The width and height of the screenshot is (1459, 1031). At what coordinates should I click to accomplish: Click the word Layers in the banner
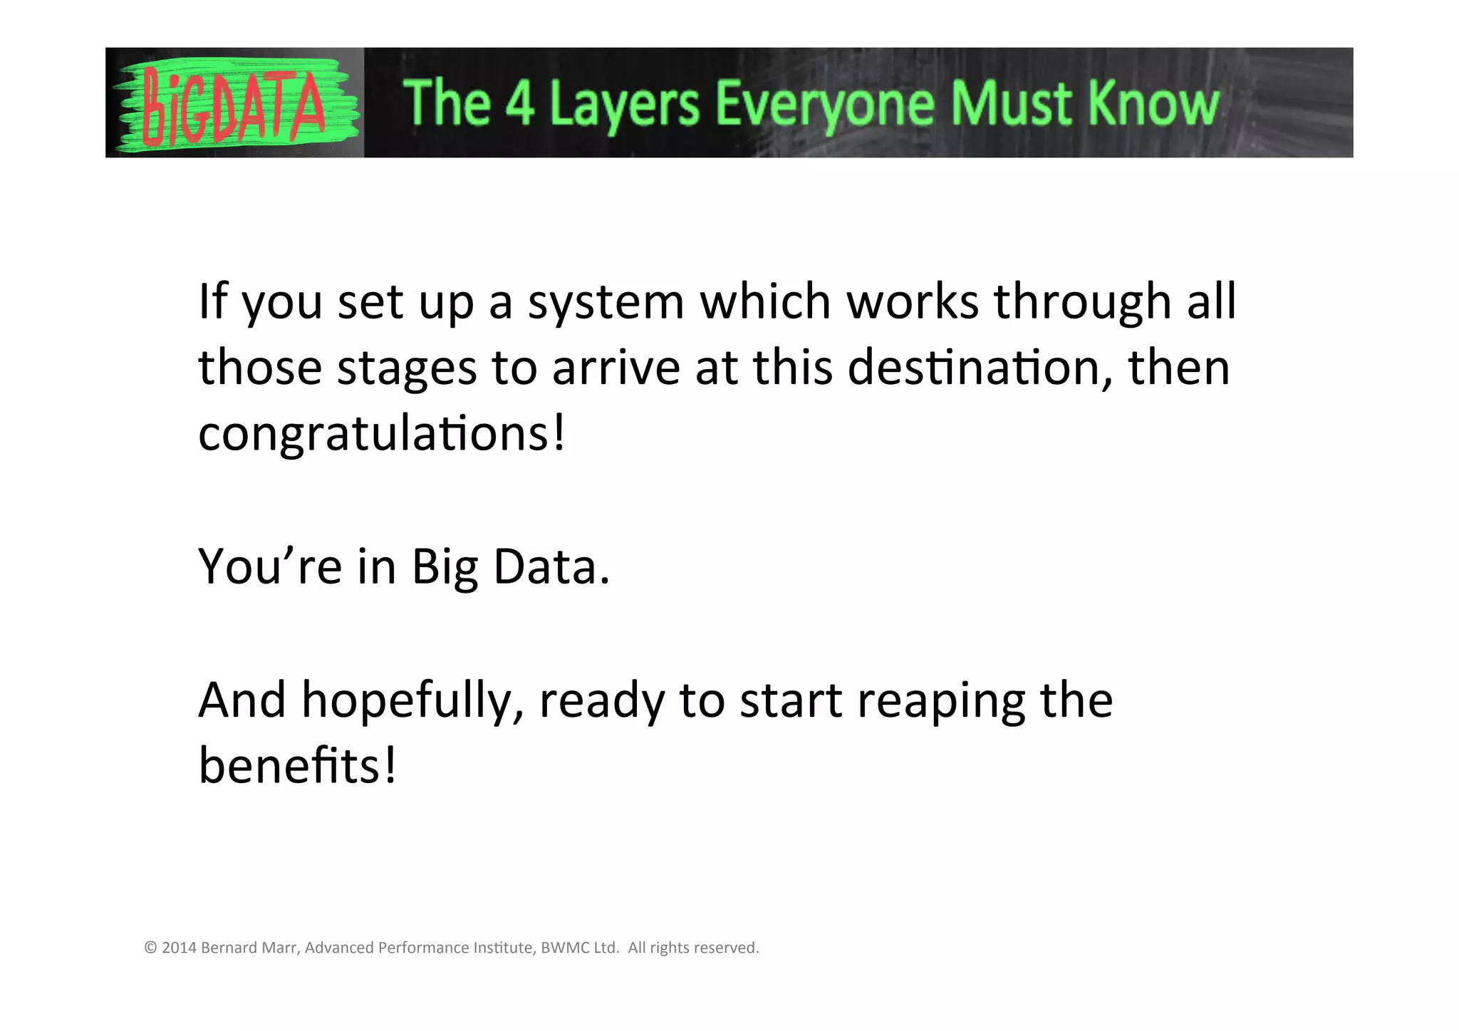[625, 105]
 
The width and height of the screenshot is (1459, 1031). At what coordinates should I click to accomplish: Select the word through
[1082, 302]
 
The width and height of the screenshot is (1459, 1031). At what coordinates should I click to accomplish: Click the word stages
[406, 369]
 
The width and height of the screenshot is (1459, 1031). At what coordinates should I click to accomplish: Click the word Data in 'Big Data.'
[551, 567]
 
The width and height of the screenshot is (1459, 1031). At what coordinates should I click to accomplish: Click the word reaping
[940, 701]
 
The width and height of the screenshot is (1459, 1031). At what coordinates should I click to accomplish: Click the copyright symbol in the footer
[150, 948]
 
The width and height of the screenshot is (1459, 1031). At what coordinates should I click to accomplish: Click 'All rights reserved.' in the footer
[693, 948]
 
